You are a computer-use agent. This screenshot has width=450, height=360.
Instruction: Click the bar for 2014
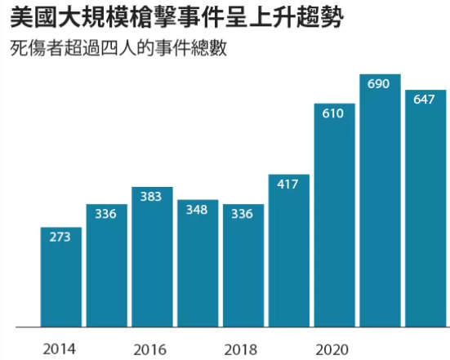[60, 278]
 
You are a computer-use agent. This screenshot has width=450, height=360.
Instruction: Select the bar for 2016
[152, 257]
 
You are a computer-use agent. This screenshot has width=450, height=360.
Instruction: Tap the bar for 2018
[243, 265]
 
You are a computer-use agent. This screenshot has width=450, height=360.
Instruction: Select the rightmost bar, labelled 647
[425, 209]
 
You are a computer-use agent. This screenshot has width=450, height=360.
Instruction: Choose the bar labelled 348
[198, 264]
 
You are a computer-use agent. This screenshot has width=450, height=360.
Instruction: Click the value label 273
[60, 238]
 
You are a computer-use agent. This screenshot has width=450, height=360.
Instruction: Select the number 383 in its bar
[152, 198]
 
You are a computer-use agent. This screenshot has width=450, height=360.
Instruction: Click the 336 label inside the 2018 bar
[243, 215]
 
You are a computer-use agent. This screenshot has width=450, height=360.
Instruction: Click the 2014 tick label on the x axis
[60, 349]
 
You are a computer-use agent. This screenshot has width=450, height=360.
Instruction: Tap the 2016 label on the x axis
[152, 349]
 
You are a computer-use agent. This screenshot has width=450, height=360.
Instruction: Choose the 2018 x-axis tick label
[243, 349]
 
